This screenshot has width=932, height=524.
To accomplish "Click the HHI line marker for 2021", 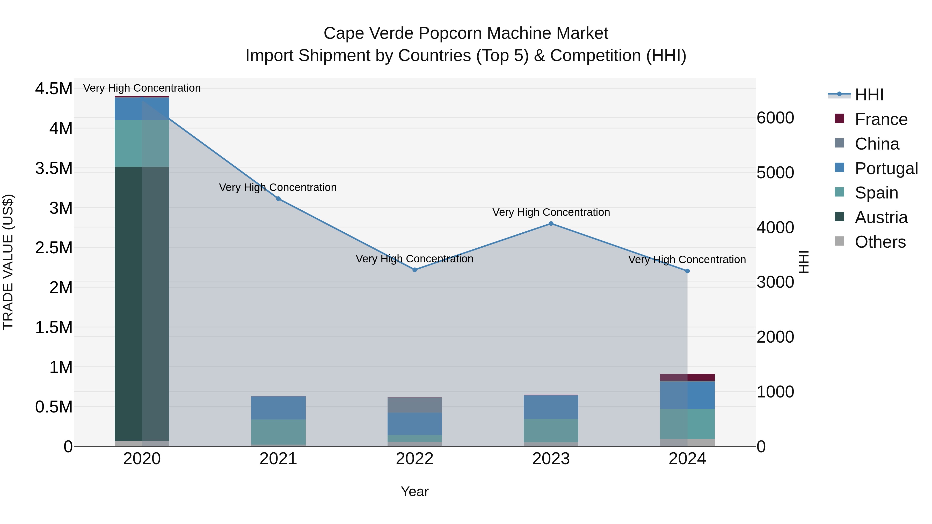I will pos(278,198).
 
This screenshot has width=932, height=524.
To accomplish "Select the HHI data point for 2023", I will pos(551,224).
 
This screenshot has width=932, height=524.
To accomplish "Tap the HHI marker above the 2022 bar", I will pos(415,270).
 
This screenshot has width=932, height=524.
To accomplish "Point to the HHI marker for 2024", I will pos(687,271).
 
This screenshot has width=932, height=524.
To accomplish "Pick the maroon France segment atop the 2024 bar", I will pos(687,377).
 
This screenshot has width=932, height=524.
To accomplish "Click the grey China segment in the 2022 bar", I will pos(415,405).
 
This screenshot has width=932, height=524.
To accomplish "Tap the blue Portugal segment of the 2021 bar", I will pos(278,408).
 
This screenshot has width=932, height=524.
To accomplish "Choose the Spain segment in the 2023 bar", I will pos(551,430).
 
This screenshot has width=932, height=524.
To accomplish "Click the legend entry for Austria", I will pos(881,217).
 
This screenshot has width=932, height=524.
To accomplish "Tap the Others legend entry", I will pos(880,242).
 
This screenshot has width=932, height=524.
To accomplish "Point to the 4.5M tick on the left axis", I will pos(54,88).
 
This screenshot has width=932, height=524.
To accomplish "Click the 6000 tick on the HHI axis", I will pos(775,118).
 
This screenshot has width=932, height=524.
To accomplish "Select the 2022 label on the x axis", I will pos(415,459).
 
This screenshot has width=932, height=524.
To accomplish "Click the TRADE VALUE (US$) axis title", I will pos(8,262).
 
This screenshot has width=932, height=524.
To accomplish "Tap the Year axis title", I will pos(415,491).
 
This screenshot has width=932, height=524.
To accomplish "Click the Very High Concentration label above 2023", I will pos(551,212).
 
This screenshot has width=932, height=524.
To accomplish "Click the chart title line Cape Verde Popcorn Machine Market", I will pos(466,33).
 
